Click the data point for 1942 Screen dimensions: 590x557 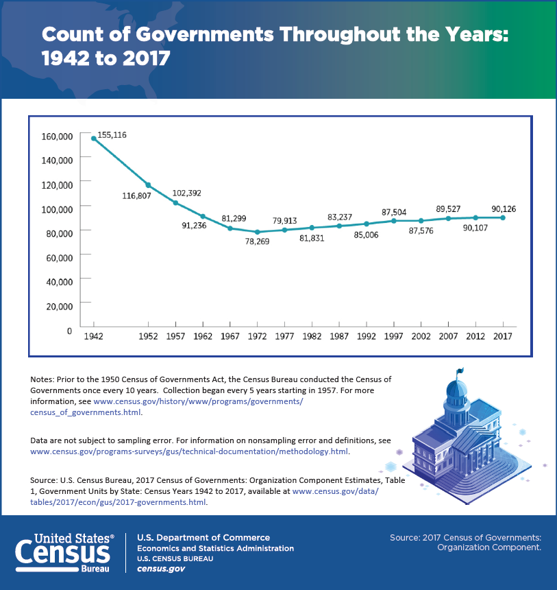[x=93, y=139]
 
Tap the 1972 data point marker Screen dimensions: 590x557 [x=257, y=232]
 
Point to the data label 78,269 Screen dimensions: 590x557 [x=257, y=242]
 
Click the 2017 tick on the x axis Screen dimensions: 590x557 [x=503, y=336]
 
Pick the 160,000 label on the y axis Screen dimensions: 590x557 [x=57, y=136]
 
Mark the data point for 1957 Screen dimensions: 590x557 [x=175, y=202]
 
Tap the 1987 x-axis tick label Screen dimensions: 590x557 [x=339, y=336]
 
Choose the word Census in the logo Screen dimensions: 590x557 [x=63, y=552]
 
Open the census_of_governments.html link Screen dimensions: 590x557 [x=86, y=412]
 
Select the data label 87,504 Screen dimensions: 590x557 [x=394, y=212]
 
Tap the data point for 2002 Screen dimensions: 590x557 [x=421, y=221]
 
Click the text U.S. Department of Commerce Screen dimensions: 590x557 [x=203, y=537]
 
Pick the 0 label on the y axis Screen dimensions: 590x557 [x=69, y=331]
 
